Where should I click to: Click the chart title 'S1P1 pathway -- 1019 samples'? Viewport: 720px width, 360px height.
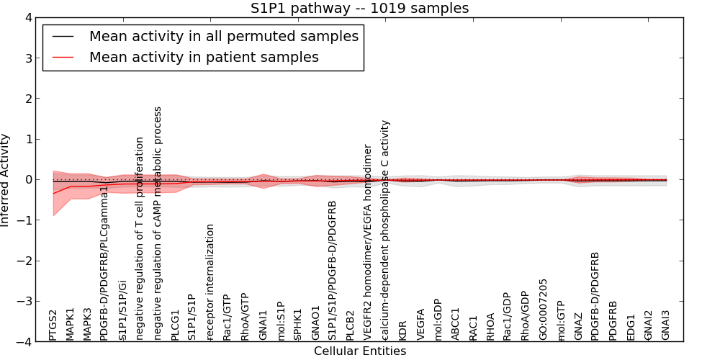359,9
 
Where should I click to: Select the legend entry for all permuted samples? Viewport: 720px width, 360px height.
223,36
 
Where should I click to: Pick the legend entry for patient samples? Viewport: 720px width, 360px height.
204,57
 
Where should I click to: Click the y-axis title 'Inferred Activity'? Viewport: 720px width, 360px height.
6,180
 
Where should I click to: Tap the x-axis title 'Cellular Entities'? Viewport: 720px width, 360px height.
359,351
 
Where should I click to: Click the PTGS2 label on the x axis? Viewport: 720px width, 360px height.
53,325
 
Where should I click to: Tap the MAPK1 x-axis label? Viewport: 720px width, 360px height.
71,324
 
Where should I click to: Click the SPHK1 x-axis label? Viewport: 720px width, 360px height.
297,324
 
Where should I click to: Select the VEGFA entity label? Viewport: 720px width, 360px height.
420,323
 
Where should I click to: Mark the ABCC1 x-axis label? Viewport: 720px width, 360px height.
455,324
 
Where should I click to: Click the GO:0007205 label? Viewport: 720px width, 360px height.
543,309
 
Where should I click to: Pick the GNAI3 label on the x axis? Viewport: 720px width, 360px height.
665,325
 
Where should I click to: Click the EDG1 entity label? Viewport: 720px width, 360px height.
631,326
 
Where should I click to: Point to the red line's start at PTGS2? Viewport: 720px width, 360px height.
53,193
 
